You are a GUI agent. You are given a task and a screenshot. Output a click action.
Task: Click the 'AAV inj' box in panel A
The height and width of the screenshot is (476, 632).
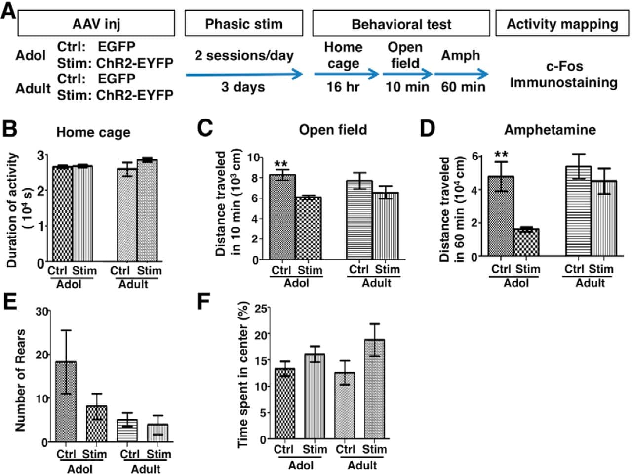(x=96, y=23)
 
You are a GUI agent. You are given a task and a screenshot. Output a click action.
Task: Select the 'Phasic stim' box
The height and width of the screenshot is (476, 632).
(x=243, y=23)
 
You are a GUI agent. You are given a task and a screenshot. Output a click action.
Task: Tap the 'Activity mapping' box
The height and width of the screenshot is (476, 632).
(x=562, y=24)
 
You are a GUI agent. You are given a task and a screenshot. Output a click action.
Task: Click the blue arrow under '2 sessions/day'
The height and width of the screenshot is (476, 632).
(x=244, y=75)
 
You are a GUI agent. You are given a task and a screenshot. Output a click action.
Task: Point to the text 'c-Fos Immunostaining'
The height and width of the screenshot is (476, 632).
(x=563, y=75)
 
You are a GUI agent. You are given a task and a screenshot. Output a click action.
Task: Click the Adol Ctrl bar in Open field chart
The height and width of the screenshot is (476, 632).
(x=282, y=217)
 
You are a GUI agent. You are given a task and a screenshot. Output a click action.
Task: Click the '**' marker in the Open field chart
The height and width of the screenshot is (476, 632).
(x=281, y=164)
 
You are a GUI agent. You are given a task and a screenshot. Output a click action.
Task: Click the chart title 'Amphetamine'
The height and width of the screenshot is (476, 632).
(x=550, y=130)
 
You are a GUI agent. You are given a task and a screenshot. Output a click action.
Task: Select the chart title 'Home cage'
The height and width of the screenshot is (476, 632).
(x=93, y=132)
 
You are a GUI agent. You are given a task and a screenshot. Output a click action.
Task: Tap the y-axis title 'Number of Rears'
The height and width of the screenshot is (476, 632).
(x=20, y=381)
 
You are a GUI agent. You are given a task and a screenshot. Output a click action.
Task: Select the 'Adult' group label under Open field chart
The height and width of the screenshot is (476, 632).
(x=376, y=283)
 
